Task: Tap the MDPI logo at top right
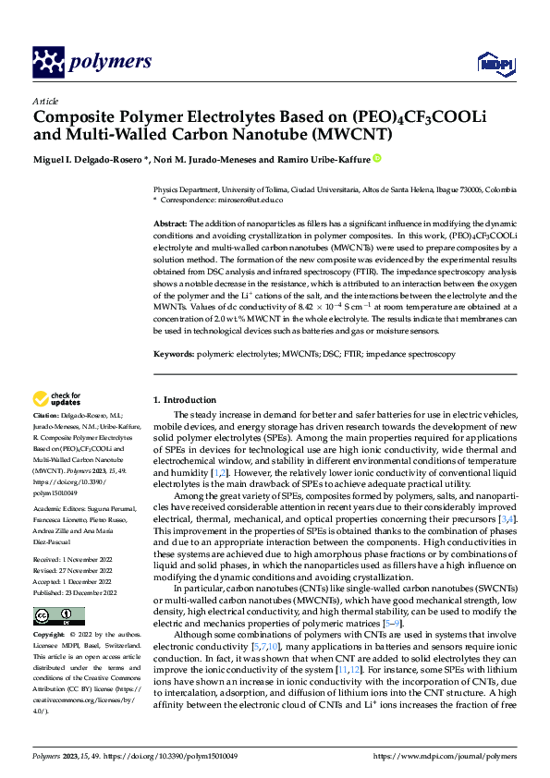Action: tap(495, 62)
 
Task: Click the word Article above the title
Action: tap(44, 101)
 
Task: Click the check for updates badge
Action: tap(58, 399)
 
